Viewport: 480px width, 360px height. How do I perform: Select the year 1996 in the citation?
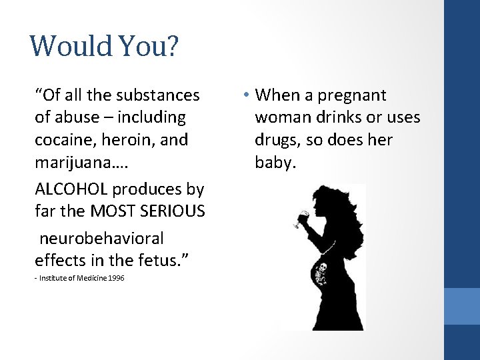point(115,277)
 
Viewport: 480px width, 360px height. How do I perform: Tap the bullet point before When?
point(246,95)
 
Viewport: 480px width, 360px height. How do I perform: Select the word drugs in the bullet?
point(278,140)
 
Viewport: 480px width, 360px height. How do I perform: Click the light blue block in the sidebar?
point(462,306)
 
